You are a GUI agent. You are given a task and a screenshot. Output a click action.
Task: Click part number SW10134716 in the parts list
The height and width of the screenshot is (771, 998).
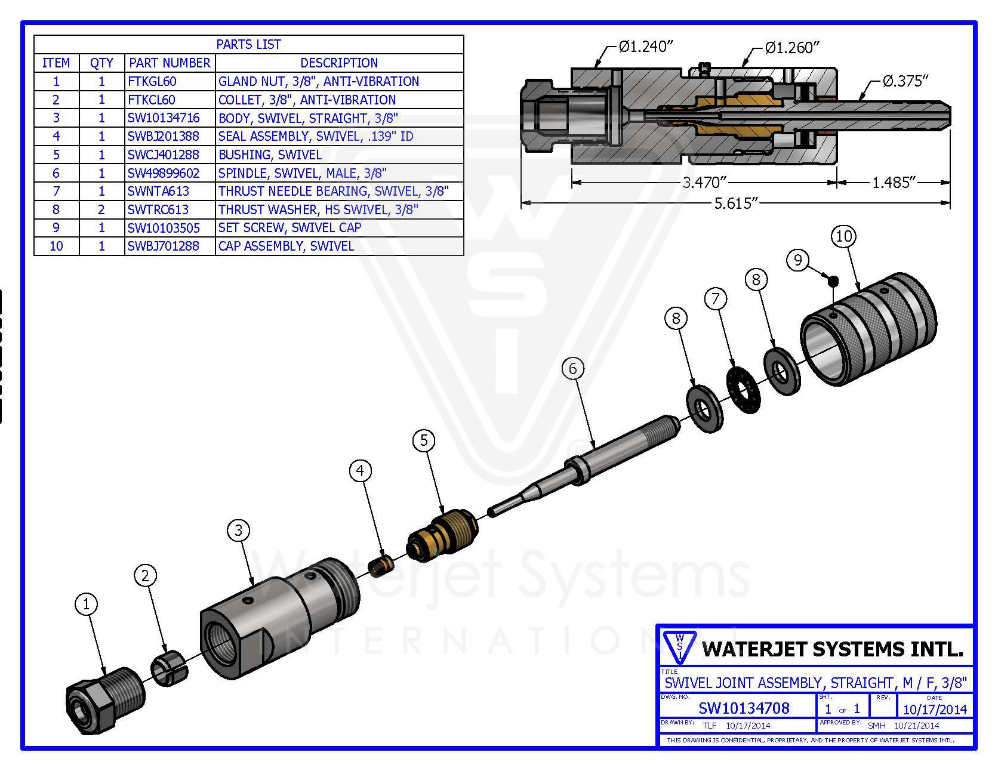click(164, 118)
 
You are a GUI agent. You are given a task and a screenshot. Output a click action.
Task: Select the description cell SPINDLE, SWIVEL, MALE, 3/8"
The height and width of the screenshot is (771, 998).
click(302, 173)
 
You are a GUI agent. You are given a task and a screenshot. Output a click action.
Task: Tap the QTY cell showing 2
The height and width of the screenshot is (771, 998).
click(101, 209)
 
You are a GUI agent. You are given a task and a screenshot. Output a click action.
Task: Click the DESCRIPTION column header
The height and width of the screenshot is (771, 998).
click(338, 63)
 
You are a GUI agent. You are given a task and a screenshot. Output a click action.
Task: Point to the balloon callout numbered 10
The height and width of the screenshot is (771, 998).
click(843, 236)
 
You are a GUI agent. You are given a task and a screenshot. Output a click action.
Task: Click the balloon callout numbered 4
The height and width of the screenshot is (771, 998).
click(360, 471)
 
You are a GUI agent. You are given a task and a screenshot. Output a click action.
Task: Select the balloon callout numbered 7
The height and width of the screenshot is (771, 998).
click(716, 298)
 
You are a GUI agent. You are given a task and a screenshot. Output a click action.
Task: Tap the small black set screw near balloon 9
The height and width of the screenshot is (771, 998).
click(833, 279)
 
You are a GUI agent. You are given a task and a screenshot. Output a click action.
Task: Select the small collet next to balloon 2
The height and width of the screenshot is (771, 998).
click(170, 670)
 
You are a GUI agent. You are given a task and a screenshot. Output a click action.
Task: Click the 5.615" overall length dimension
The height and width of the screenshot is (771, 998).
click(735, 203)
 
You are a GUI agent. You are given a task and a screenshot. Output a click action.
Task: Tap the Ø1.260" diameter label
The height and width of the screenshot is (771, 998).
click(792, 48)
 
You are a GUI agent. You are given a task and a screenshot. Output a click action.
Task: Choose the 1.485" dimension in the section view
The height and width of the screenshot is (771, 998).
click(894, 182)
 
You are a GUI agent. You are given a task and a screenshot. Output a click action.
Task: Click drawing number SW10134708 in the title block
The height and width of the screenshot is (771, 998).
click(744, 708)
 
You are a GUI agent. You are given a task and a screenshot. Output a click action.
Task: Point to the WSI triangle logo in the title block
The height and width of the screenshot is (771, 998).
click(679, 647)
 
